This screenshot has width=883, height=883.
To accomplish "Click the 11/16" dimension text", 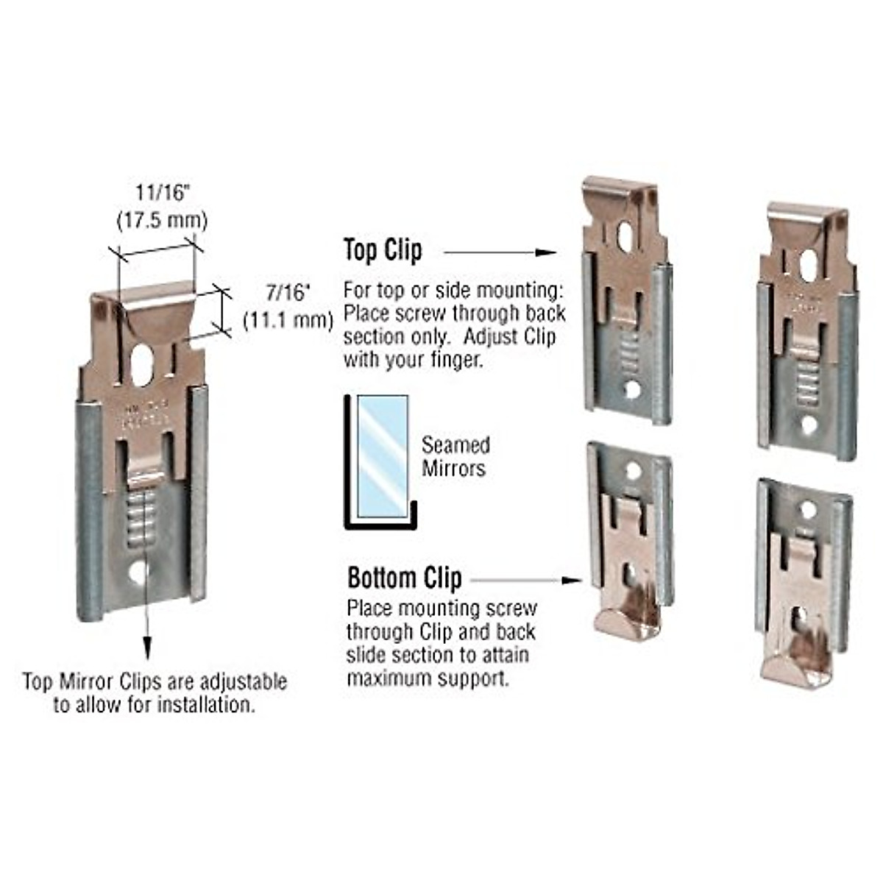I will pos(163,194).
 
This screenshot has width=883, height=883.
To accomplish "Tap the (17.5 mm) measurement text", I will pos(163,220).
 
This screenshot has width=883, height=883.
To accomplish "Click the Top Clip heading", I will pos(383,252).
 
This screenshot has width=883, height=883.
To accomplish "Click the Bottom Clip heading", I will pos(404,578).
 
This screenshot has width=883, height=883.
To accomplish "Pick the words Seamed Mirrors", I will pos(455,456).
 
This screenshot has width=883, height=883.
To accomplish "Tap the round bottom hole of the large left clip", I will pos(138,572).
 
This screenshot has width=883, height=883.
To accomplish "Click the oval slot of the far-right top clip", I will pos(807,264).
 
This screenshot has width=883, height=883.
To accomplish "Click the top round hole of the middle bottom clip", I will pos(631,470).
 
